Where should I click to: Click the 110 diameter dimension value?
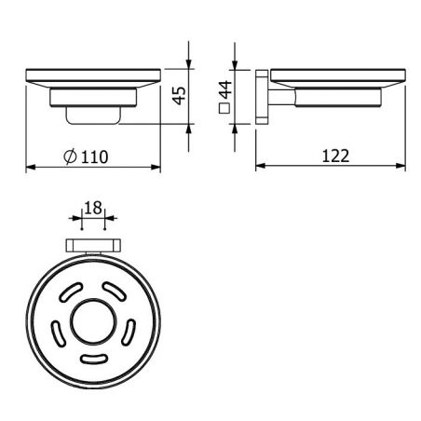pos(94,156)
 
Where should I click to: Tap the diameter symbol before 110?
pos(70,156)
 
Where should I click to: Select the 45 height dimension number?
pos(180,96)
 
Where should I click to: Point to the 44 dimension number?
pos(225,89)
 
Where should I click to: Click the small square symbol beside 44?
pos(224,108)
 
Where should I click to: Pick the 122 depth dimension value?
pos(335,156)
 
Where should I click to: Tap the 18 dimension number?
pos(93,208)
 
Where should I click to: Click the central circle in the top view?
pos(93,322)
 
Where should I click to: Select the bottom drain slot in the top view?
pos(94,359)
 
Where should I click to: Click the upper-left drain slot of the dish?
pos(71,292)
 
